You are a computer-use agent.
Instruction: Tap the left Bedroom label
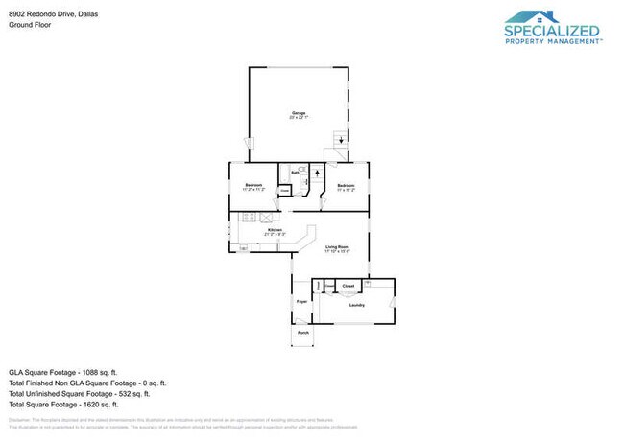click(253, 185)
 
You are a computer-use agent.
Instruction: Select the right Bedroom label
click(346, 185)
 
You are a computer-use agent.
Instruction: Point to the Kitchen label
click(276, 231)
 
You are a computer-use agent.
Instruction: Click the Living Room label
click(336, 248)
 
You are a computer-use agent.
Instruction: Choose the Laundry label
click(356, 306)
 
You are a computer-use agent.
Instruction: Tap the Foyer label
click(300, 302)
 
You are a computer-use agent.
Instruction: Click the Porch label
click(302, 333)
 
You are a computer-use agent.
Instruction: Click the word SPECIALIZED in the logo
click(552, 31)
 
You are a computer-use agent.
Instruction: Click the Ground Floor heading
click(30, 26)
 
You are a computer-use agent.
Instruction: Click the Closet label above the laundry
click(348, 286)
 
